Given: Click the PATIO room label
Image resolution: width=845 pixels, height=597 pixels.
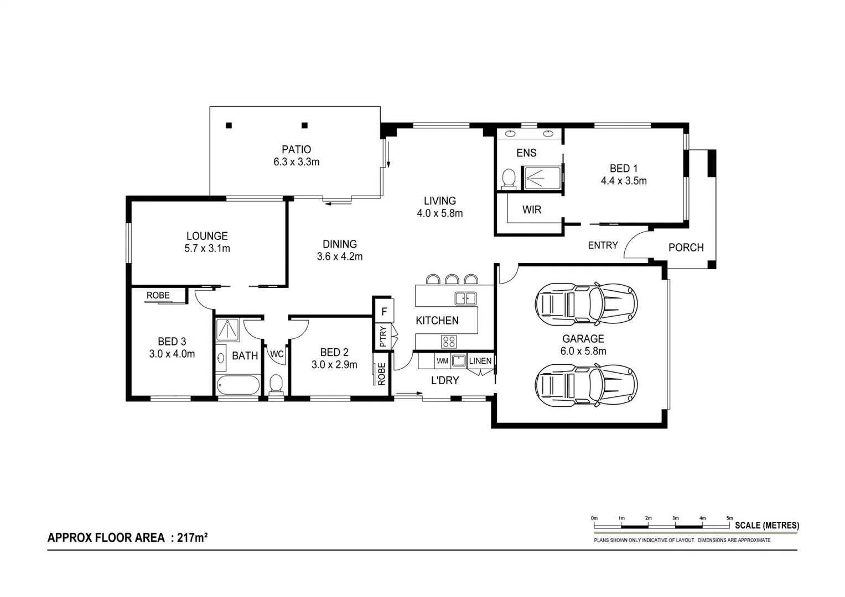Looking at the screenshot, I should point(296,149).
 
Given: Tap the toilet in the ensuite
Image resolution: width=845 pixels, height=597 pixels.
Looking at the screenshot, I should point(508,179).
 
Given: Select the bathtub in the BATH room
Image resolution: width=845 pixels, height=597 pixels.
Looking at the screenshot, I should point(238,385).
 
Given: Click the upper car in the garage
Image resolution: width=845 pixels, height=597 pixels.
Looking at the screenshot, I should point(586,303).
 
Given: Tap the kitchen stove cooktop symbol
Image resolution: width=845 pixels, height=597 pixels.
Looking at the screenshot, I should point(448,342).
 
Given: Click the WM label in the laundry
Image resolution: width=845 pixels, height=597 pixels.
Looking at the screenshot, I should point(442,361).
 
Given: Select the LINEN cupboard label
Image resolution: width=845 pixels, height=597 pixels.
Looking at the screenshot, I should point(480,361).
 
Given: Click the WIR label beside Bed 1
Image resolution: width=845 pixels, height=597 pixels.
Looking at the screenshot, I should point(531,210).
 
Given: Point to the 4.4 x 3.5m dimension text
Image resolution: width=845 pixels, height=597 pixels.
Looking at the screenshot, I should point(624,181).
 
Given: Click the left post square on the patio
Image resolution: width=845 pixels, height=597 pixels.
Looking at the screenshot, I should point(229,125).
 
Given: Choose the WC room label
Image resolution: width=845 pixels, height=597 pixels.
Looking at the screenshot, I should point(277,354).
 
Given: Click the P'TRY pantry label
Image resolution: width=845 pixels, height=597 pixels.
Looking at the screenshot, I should point(383,337).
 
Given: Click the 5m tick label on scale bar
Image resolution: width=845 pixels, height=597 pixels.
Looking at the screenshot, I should point(729,518).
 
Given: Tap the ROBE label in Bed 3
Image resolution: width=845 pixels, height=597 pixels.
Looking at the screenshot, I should point(158,295).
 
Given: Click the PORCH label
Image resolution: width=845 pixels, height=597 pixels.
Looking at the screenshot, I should point(686,248).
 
